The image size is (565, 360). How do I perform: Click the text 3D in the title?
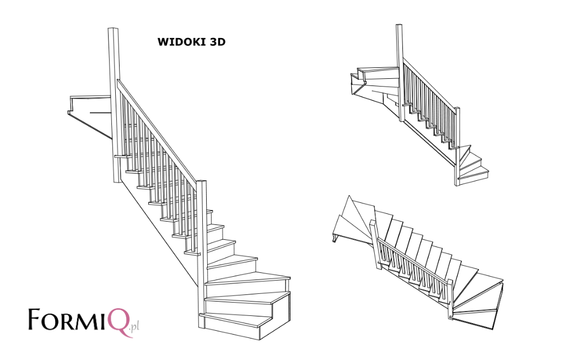pos(217,42)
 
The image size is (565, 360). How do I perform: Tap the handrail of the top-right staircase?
pos(430,83)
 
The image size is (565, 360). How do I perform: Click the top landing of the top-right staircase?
pos(378,73)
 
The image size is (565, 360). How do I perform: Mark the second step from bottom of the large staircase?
pos(248,302)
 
